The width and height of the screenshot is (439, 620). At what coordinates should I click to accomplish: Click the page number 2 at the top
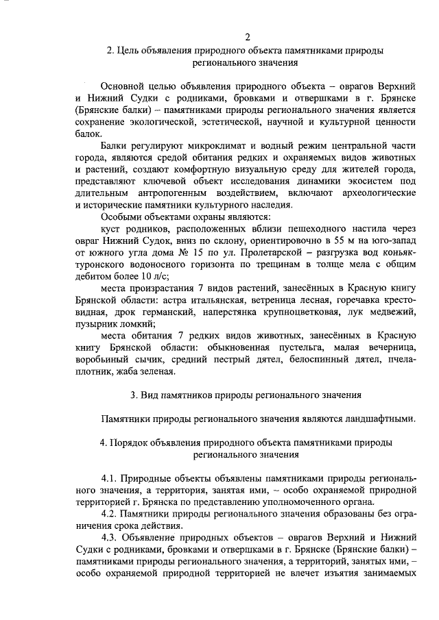248,36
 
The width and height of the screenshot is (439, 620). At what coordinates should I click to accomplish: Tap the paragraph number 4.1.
110,475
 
